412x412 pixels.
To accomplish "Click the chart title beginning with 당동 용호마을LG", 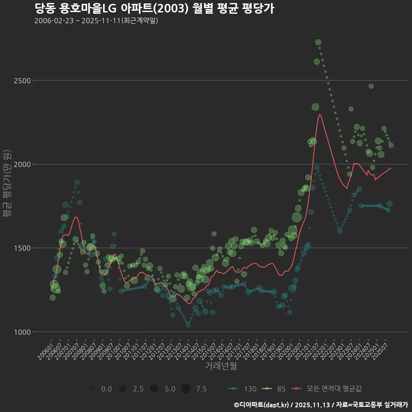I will pos(154,8).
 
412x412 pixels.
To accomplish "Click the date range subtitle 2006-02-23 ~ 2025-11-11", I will pos(96,21).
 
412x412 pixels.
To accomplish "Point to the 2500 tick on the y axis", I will pos(23,81).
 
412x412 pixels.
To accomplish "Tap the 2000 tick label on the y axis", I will pos(23,164).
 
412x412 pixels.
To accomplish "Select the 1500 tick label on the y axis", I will pos(23,248).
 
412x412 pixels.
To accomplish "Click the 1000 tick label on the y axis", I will pos(23,332).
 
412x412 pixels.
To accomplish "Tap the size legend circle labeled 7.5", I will pos(185,389).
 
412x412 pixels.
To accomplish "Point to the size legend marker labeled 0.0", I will pos(91,389).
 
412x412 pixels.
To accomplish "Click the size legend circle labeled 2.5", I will pos(123,389).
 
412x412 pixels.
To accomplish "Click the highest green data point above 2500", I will pos(318,42).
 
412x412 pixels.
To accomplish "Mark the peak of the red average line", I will pos(320,114).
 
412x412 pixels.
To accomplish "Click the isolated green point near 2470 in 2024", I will pos(371,86).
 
